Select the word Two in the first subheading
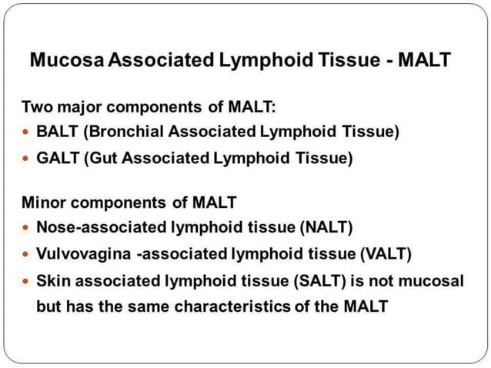coord(35,105)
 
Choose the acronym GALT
coord(57,159)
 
